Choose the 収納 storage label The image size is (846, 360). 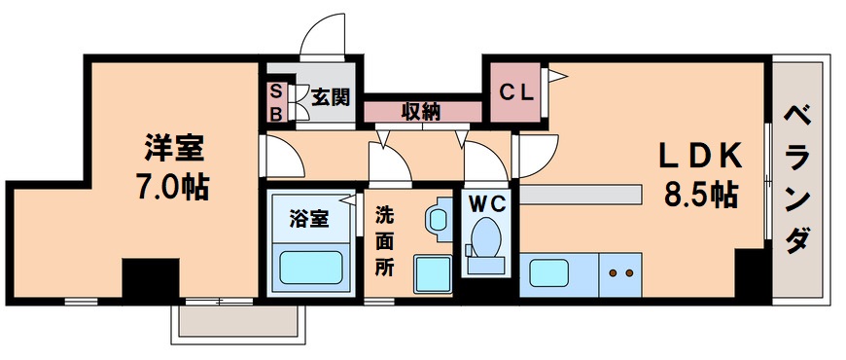[x=421, y=111]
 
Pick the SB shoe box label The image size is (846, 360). [x=275, y=101]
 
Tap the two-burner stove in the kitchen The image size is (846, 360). [x=620, y=274]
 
